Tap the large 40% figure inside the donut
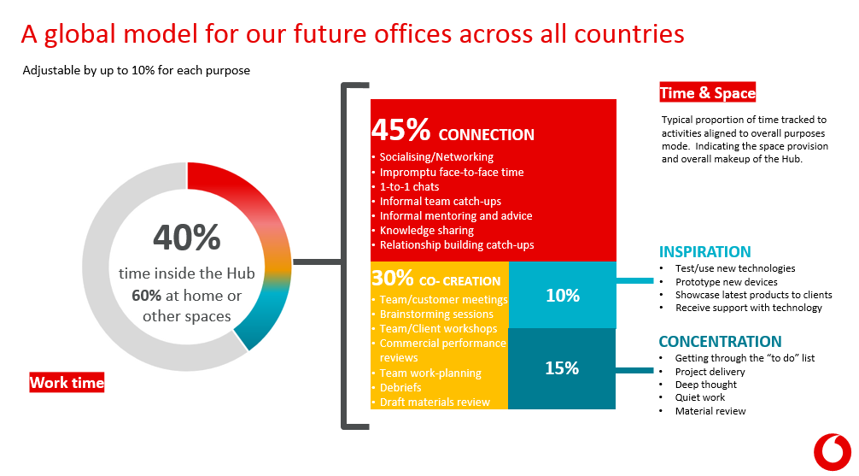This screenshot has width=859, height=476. coord(187,238)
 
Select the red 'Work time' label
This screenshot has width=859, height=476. coord(67,383)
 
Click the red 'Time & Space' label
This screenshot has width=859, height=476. coord(708,93)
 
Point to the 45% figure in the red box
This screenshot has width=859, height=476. coord(401,131)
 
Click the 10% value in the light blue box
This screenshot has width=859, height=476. coord(562,296)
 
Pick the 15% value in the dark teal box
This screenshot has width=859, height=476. coord(562,368)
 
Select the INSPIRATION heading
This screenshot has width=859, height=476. coord(704,252)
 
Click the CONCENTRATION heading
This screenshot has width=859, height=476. coord(720,342)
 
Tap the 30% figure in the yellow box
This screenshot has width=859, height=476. coord(393,279)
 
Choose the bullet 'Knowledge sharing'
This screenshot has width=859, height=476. coord(426,231)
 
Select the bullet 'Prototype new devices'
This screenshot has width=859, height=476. coord(726,282)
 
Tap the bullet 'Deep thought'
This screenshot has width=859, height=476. coord(705,385)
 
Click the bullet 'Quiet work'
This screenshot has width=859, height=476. coord(700,398)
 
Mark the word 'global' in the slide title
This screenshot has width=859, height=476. coord(94,34)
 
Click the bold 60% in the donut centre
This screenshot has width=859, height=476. coord(146,296)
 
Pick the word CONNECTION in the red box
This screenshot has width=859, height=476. coord(486,135)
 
